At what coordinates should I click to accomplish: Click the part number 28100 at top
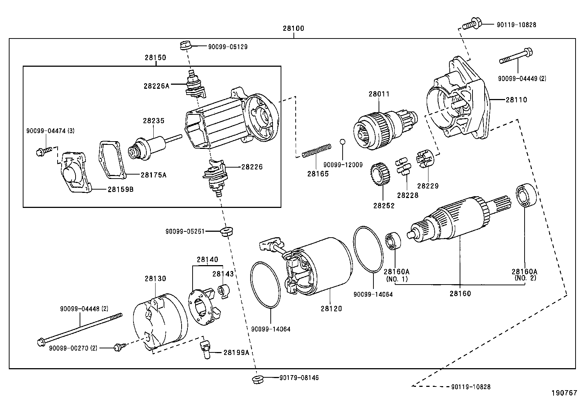[293, 28]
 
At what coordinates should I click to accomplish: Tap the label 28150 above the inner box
[155, 58]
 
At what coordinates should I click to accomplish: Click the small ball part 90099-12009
[342, 142]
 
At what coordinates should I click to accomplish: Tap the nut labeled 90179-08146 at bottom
[256, 379]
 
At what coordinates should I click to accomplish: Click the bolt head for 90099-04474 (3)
[40, 152]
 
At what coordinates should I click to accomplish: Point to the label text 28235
[154, 121]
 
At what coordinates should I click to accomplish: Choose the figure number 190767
[564, 393]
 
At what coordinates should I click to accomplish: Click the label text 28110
[516, 100]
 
